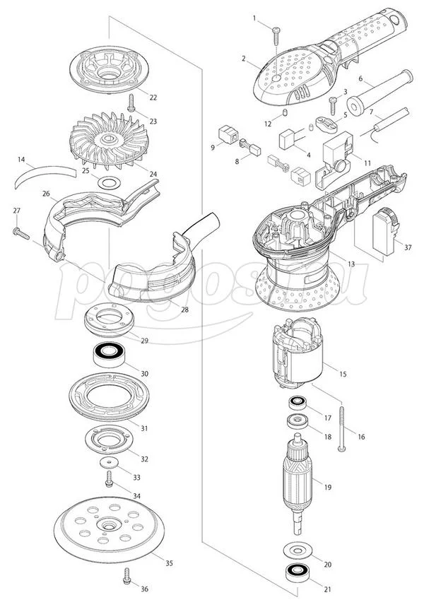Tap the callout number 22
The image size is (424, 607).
(153, 97)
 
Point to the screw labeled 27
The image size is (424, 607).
(18, 230)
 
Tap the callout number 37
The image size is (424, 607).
(408, 247)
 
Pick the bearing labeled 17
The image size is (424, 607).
(298, 405)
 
